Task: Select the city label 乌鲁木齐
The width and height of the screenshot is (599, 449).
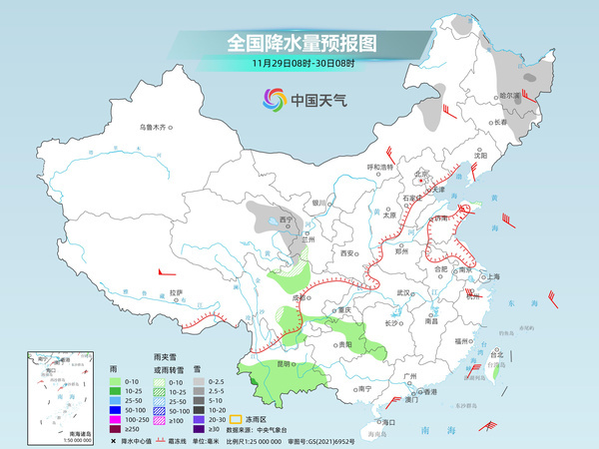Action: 156,127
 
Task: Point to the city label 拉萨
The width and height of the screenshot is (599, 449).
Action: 176,292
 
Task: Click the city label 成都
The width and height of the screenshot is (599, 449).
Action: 299,297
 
